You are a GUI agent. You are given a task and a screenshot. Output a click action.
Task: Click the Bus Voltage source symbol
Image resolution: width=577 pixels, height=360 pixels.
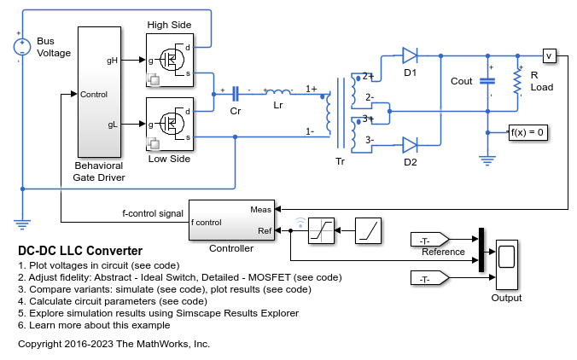click(22, 47)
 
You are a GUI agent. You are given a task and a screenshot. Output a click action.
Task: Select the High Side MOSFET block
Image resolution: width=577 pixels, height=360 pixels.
click(170, 61)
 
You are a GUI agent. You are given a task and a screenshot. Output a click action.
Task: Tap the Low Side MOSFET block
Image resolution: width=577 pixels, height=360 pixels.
click(170, 124)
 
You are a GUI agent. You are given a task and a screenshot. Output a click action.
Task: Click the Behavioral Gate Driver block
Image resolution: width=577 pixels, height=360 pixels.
click(99, 92)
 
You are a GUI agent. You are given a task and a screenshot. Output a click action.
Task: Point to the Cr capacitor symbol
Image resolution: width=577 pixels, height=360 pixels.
click(235, 94)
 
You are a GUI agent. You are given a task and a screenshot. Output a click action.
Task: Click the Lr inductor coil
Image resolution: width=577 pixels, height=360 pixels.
click(277, 92)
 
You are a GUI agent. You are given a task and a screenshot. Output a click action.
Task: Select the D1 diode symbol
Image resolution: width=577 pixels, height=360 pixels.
click(410, 56)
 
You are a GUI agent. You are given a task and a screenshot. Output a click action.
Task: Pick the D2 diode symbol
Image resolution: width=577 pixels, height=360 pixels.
click(410, 145)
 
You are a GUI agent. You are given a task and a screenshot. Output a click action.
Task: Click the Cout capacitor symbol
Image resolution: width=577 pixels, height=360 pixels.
click(487, 81)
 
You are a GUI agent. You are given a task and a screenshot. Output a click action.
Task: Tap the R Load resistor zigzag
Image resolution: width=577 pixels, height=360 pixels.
click(517, 82)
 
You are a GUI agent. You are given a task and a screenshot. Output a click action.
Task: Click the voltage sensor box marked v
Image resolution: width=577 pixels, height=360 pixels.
click(550, 56)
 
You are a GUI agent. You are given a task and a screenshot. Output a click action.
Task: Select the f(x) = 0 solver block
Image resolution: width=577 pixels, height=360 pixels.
click(527, 132)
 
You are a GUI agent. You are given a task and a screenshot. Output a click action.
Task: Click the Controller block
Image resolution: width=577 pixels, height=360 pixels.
click(231, 220)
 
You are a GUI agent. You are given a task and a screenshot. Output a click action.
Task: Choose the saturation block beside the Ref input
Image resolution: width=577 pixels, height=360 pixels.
click(321, 230)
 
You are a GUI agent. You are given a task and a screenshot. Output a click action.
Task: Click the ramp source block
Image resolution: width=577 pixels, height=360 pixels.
click(368, 230)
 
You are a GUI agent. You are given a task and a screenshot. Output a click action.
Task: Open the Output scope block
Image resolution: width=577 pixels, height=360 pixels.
click(507, 264)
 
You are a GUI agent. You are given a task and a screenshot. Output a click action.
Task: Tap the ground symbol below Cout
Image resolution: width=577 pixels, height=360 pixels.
click(487, 160)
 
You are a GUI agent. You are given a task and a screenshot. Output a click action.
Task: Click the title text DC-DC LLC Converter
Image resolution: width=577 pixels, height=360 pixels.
click(80, 251)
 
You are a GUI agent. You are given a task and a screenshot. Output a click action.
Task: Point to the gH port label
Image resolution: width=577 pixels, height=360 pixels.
click(112, 61)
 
